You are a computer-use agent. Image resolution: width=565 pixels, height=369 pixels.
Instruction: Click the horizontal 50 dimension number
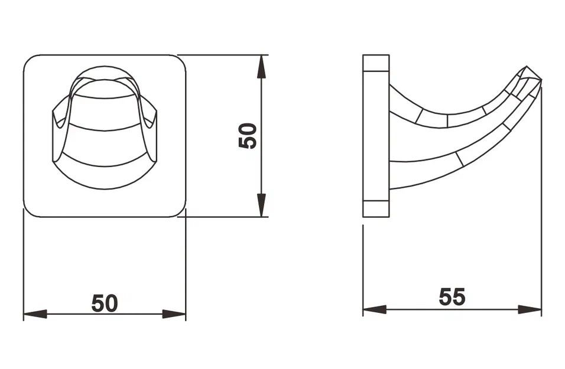pos(105,303)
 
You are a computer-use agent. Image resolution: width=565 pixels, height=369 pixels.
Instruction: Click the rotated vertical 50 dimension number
pos(248,136)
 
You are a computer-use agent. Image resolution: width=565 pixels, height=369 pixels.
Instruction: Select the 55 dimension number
pos(452,297)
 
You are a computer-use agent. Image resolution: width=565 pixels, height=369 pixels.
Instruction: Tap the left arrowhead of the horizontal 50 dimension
pos(35,314)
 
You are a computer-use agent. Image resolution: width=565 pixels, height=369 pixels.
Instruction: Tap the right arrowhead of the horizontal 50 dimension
pos(174,314)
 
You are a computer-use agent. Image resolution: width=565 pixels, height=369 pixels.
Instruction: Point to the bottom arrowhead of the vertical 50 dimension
pos(262,205)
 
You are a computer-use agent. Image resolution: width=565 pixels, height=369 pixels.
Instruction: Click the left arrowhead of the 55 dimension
pos(375,309)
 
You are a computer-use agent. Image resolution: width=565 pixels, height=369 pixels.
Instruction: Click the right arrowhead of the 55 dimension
pos(530,309)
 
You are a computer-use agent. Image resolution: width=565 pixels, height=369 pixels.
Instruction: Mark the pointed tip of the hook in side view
pos(541,81)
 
